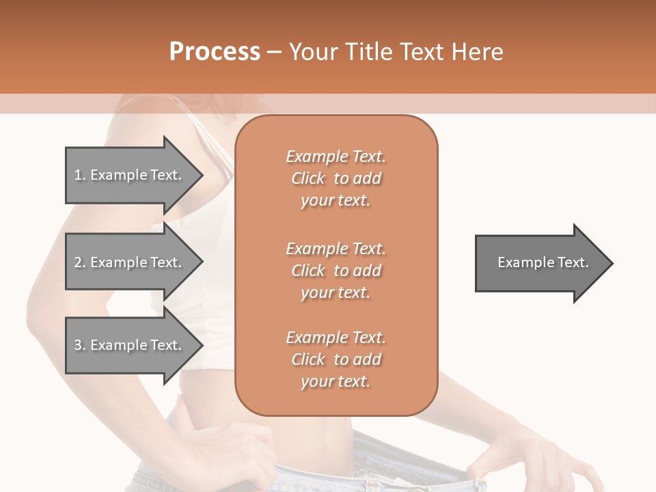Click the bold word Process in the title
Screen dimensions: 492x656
[215, 52]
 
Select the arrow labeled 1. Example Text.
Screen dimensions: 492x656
[130, 175]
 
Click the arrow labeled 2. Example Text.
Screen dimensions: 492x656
[130, 262]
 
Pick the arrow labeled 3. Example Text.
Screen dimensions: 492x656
[130, 345]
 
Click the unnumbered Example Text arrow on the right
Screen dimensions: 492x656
[540, 263]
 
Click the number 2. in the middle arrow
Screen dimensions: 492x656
[79, 262]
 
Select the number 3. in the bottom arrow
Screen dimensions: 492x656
[79, 345]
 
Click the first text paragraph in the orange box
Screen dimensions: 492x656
[336, 178]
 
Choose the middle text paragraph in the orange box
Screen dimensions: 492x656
[336, 271]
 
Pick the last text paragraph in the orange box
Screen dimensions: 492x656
[336, 359]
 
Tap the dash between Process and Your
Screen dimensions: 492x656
[275, 52]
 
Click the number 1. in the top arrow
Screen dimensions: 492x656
[79, 175]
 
